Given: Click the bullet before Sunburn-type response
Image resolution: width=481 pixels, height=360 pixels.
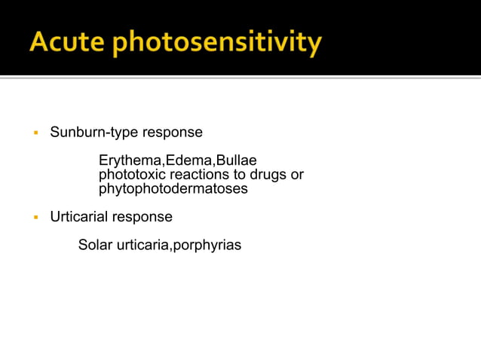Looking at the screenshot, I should [35, 133].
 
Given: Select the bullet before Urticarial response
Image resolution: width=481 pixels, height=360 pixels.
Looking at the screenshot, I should [35, 218].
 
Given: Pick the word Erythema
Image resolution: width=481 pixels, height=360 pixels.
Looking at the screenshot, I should [126, 161].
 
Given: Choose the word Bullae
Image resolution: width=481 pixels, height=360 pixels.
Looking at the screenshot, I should [237, 161].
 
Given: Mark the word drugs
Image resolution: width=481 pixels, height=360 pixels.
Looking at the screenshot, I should [267, 175].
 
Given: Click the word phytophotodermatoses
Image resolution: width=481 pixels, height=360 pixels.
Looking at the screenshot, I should [173, 189].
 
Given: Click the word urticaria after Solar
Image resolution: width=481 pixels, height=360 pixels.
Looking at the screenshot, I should [142, 245].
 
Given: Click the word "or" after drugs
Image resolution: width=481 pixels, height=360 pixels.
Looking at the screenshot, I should [296, 175].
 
